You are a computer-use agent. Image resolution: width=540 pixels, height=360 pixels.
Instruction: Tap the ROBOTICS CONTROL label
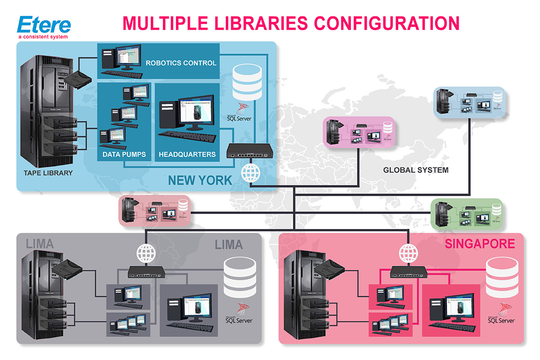(181, 63)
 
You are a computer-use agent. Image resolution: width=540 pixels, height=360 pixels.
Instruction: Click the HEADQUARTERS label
(187, 154)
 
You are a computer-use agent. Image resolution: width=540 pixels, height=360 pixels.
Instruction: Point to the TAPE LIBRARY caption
(48, 173)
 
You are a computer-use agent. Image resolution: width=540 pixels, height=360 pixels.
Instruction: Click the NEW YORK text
(200, 181)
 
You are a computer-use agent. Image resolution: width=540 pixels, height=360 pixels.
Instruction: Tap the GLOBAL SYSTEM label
(415, 170)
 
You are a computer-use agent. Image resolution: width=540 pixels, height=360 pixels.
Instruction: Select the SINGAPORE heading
(480, 244)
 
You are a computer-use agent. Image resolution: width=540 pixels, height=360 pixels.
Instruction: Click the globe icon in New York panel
(251, 173)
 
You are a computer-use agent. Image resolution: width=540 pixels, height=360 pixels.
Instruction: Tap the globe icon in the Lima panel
(146, 254)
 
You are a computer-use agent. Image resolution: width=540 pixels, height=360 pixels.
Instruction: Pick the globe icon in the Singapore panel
(409, 254)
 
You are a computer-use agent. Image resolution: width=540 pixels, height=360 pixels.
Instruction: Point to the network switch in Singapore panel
(409, 271)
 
